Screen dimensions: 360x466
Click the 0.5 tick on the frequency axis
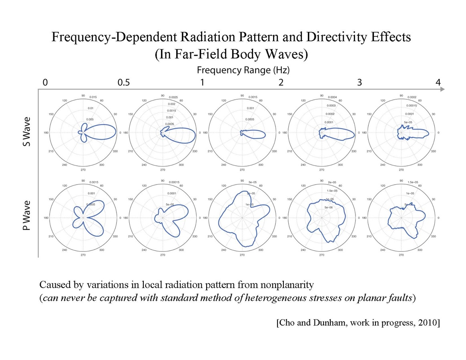pos(124,82)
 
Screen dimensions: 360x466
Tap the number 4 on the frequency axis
pos(438,82)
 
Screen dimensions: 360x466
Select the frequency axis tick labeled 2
pos(281,82)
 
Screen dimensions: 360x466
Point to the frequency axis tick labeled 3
pos(360,82)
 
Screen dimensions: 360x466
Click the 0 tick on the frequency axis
pos(45,82)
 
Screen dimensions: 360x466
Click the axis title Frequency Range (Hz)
pos(243,70)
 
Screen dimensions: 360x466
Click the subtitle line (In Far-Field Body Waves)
pos(231,54)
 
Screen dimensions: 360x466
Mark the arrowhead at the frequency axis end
pos(442,90)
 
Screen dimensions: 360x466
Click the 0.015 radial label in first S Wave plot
pos(93,97)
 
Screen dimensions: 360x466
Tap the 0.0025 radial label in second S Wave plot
pos(173,97)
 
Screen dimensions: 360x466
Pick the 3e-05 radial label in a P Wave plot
pos(253,182)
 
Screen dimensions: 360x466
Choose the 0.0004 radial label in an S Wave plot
pos(333,97)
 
